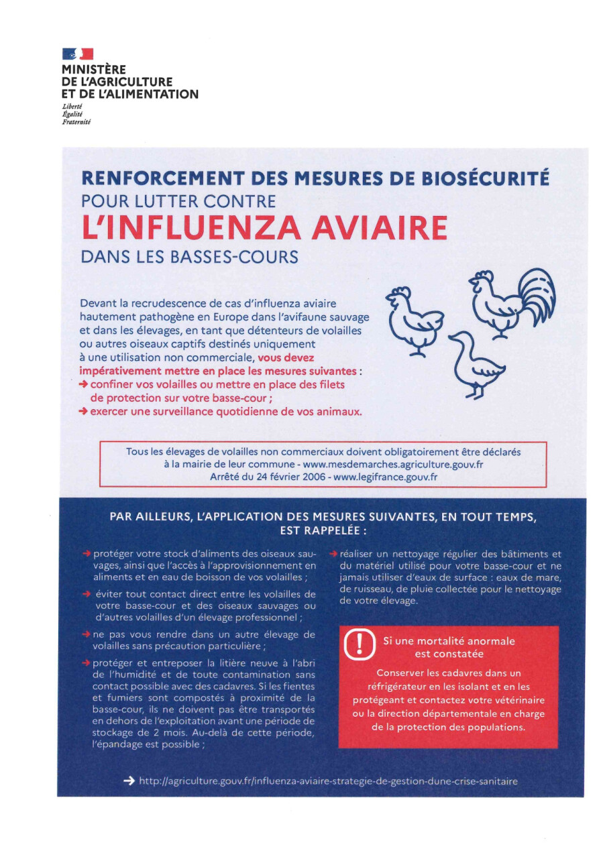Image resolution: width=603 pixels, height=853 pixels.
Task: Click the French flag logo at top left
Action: tap(78, 54)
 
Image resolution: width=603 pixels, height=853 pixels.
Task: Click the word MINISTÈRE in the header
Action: tap(94, 69)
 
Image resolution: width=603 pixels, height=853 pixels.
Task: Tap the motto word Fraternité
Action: tap(76, 121)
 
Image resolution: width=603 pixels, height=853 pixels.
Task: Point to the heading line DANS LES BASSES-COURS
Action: tap(188, 256)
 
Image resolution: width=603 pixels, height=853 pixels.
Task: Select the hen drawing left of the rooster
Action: tap(414, 319)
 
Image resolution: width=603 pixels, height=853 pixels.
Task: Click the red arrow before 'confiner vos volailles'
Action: tap(83, 384)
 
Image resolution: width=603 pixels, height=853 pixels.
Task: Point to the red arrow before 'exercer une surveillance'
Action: tap(83, 412)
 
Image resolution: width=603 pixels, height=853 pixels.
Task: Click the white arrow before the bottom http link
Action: tap(129, 781)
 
